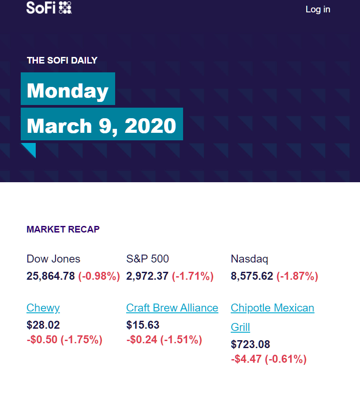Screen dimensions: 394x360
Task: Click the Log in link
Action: (318, 9)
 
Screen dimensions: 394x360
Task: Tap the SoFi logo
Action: (49, 8)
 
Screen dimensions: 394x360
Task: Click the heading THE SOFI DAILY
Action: (62, 60)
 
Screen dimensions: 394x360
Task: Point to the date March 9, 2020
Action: (101, 125)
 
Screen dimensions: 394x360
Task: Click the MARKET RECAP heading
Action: (63, 229)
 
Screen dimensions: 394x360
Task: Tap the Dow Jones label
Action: (53, 259)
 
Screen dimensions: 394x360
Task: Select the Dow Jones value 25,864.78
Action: (51, 276)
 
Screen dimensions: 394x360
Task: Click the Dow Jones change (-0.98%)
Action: (99, 276)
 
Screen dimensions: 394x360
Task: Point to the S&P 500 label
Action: (147, 259)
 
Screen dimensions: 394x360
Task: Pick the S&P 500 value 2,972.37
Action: (147, 276)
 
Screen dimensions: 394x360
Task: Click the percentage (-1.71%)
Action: (193, 276)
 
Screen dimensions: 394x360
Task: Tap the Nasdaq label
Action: (250, 259)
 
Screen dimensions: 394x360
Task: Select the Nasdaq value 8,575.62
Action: (252, 276)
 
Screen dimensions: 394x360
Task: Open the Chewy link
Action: (43, 308)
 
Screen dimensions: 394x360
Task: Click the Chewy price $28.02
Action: (43, 325)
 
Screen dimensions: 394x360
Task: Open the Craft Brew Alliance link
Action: (172, 308)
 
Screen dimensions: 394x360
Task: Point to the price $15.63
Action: (143, 325)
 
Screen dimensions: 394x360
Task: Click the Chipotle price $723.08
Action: (251, 344)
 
